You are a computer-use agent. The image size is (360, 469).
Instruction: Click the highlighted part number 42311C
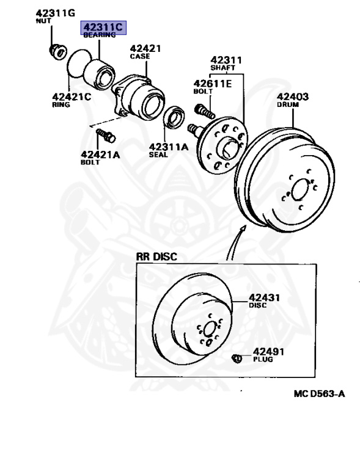103,27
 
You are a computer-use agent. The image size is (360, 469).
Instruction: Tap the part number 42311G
56,13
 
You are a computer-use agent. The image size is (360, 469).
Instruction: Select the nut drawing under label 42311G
57,51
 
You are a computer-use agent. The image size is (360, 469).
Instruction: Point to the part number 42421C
72,96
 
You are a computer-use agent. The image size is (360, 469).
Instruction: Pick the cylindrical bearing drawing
99,74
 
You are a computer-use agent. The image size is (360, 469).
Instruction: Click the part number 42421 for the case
145,48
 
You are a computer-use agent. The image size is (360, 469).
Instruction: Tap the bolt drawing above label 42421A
106,136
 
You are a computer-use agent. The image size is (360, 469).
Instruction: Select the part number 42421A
100,155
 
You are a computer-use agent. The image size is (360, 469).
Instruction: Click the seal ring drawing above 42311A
174,117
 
